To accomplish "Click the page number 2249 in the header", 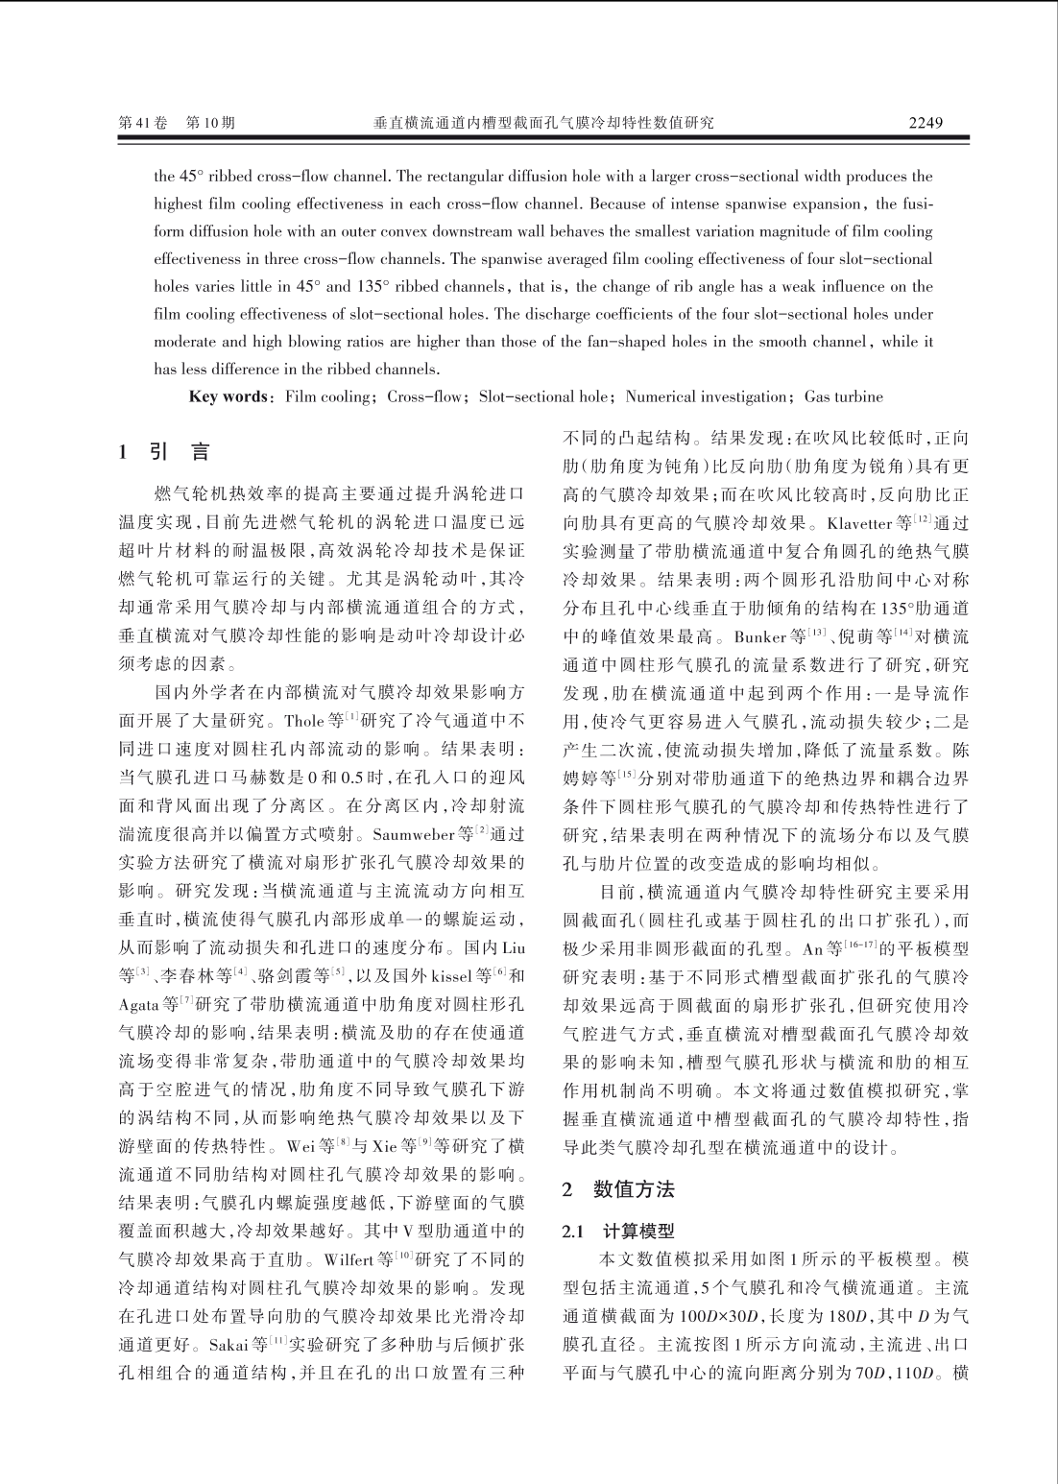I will pyautogui.click(x=926, y=123).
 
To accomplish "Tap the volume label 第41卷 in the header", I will pyautogui.click(x=142, y=123).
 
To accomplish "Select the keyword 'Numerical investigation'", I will pyautogui.click(x=706, y=396).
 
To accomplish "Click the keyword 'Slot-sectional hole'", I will pyautogui.click(x=543, y=396).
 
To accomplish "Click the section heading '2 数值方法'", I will pyautogui.click(x=618, y=1189).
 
